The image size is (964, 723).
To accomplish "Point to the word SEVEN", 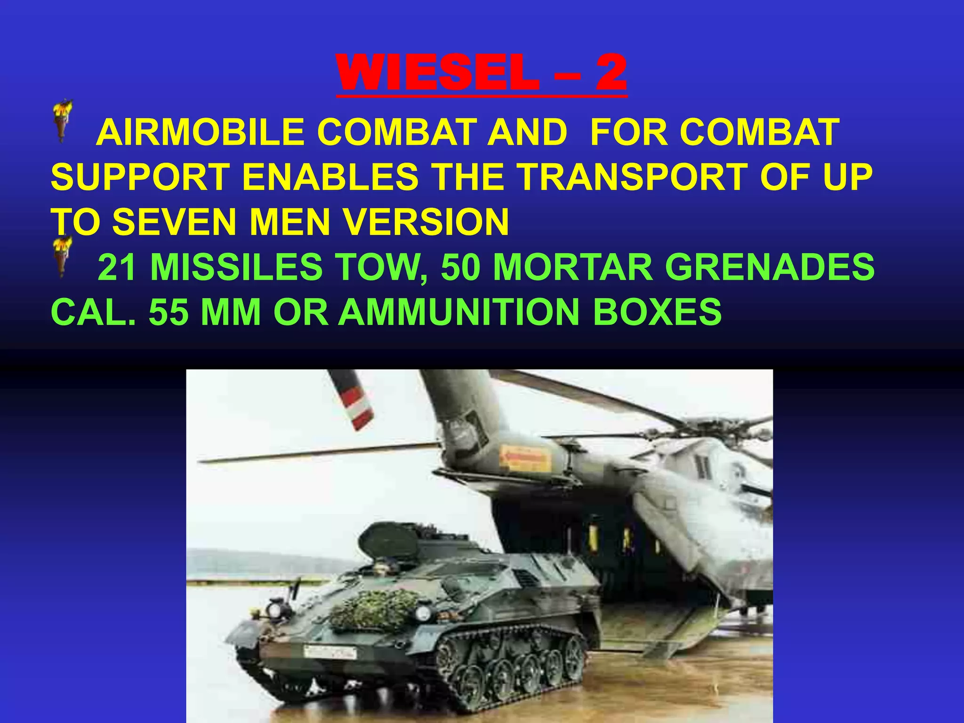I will (174, 221).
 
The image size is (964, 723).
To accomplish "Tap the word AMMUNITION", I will (458, 312).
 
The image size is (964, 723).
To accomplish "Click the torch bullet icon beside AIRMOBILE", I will (62, 120).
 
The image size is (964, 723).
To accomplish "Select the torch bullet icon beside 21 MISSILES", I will (62, 257).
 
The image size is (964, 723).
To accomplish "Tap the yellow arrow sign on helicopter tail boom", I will (525, 458).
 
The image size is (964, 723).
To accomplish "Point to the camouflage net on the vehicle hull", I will (374, 610).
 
